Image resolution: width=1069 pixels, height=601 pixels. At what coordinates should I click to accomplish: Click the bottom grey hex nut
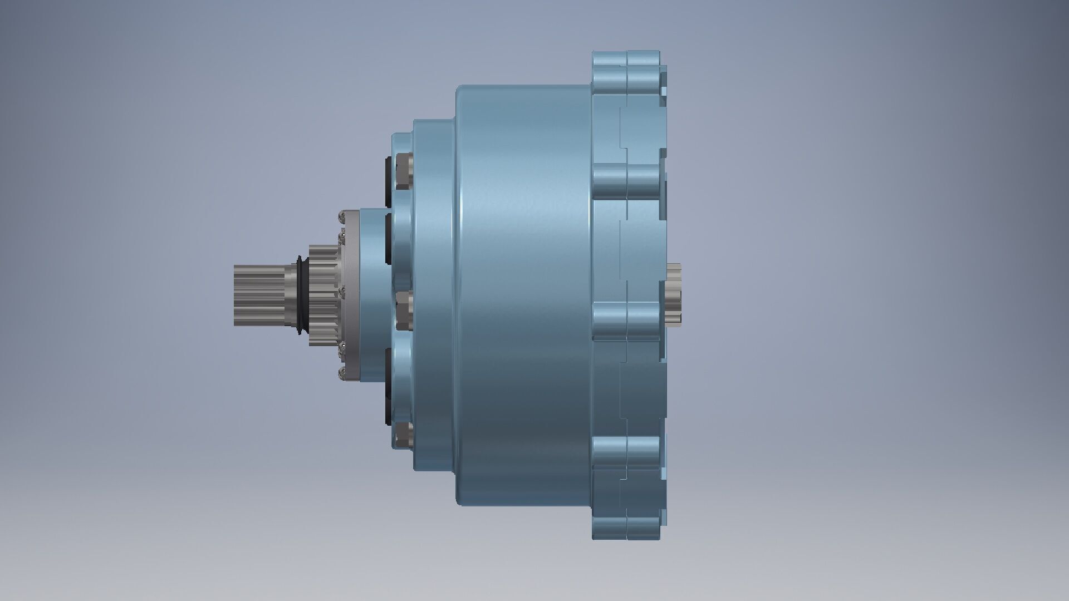click(404, 435)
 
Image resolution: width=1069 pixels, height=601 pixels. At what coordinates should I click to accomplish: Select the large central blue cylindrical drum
click(523, 295)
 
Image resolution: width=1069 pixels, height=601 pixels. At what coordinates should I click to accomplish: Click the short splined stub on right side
click(675, 295)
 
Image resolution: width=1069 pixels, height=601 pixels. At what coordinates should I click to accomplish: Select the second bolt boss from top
click(626, 181)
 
